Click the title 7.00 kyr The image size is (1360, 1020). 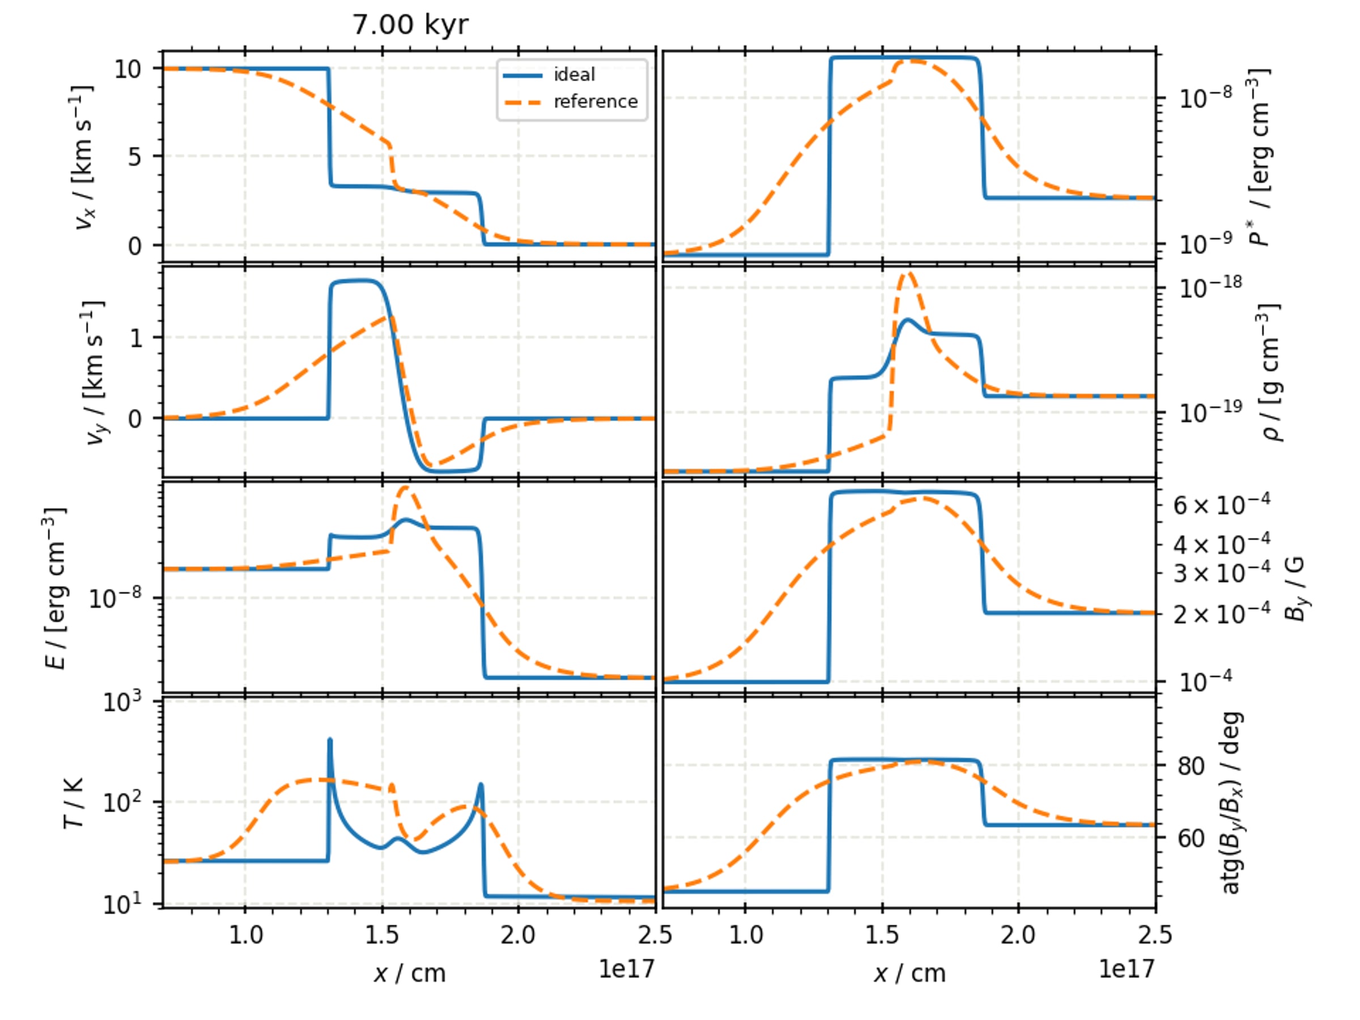pos(410,24)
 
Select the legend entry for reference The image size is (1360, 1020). pos(571,101)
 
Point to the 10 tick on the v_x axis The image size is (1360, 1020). pos(128,69)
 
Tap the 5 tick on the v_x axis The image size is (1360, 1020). pos(135,157)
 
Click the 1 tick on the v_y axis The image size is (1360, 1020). pos(136,338)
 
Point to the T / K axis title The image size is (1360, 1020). pos(74,803)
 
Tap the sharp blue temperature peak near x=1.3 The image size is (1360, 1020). pos(330,739)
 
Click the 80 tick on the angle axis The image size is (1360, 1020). pos(1191,766)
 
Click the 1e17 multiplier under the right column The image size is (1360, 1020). pos(1127,969)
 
